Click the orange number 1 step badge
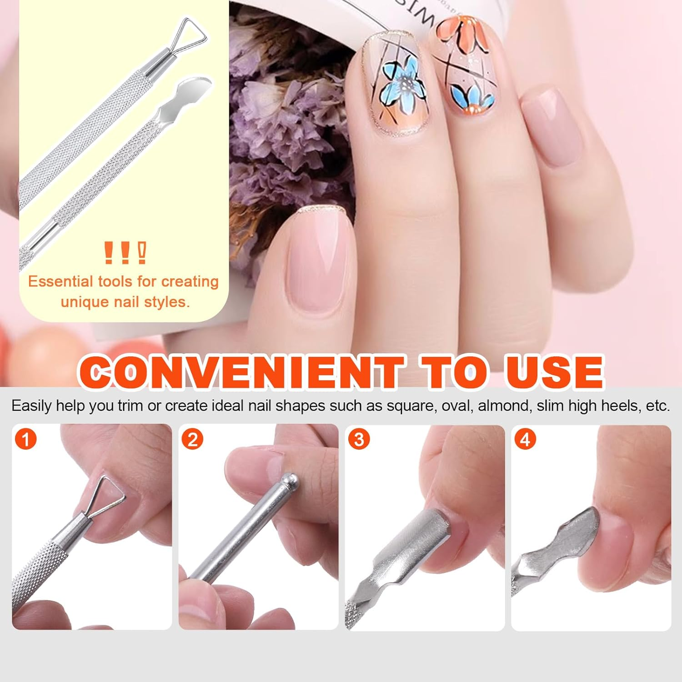[25, 439]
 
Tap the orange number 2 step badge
[192, 439]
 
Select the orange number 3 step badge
[359, 439]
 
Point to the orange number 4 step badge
[525, 439]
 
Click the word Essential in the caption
[60, 281]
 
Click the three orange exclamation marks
[125, 253]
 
